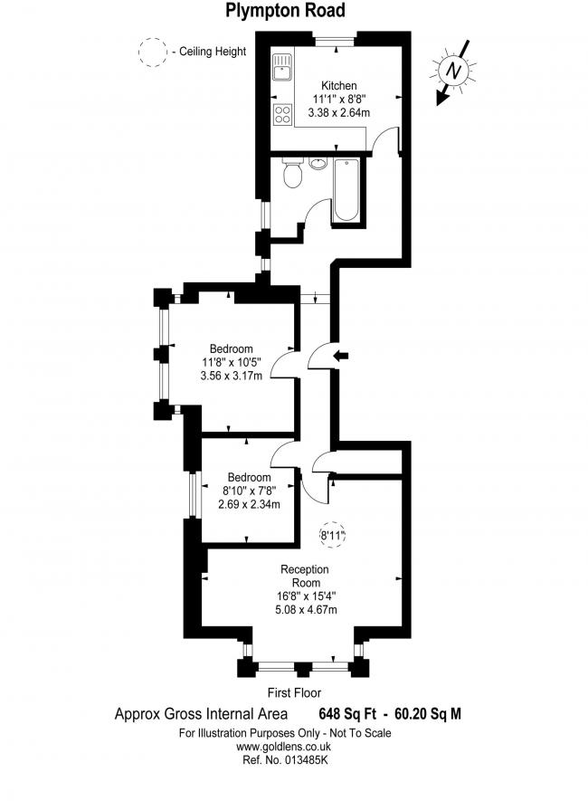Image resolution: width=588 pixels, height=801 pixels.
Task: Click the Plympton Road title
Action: (x=285, y=10)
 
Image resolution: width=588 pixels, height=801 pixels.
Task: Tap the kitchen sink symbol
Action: (x=281, y=68)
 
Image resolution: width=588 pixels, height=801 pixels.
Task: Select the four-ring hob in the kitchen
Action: (x=282, y=114)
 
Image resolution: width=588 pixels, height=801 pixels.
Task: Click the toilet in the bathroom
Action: (x=293, y=172)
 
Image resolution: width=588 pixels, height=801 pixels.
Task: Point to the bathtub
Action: (x=346, y=190)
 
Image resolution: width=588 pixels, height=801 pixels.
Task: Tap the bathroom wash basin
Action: (x=318, y=164)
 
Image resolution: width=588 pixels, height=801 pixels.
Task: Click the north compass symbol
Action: (x=452, y=71)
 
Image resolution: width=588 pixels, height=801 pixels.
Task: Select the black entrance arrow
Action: (x=341, y=356)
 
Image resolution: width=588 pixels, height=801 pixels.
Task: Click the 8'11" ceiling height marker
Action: (x=332, y=536)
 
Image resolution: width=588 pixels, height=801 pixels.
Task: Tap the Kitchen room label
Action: (x=339, y=85)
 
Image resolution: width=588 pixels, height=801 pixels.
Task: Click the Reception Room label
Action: (x=305, y=576)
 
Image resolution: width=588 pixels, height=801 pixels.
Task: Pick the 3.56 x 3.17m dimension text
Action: (x=232, y=377)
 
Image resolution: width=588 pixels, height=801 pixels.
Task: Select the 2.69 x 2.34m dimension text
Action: (x=249, y=505)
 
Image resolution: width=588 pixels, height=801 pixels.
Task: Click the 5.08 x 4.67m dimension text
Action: (x=306, y=609)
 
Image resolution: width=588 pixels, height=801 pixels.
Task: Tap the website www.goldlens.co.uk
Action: (x=283, y=747)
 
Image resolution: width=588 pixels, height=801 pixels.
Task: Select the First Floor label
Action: (x=295, y=692)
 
